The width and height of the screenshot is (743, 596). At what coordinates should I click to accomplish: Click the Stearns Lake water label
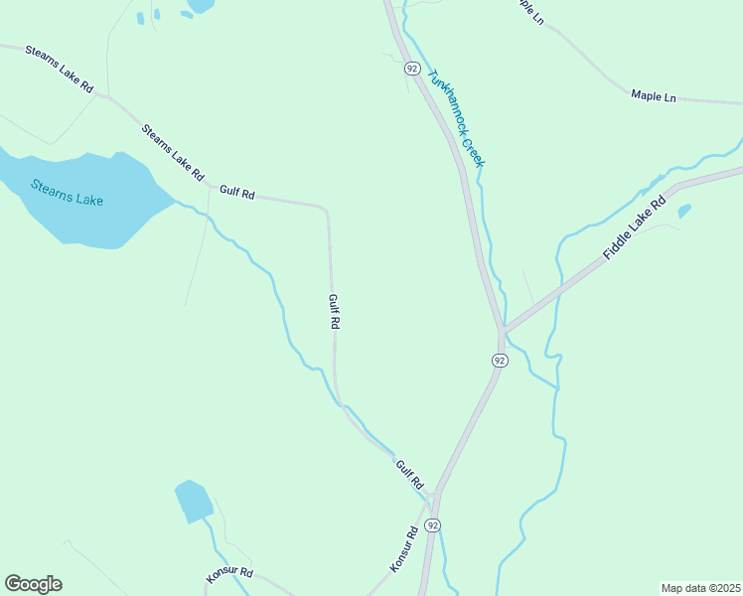(x=67, y=192)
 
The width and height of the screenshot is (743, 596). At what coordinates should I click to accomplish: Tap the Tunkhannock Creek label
(x=455, y=117)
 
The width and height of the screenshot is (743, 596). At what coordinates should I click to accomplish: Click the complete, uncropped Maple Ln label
(x=653, y=96)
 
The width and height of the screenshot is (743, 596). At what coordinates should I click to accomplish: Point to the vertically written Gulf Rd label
(x=335, y=311)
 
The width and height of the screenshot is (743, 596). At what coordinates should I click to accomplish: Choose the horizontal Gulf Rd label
(x=237, y=193)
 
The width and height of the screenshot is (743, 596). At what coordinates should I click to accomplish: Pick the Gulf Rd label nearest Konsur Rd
(x=409, y=474)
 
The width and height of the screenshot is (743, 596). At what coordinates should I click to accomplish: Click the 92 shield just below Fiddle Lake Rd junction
(x=499, y=361)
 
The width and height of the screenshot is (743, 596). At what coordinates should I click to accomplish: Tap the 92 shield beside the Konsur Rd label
(x=432, y=523)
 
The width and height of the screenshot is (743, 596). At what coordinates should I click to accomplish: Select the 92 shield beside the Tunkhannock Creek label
(x=411, y=69)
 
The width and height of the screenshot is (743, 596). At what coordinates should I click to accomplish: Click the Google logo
(x=33, y=584)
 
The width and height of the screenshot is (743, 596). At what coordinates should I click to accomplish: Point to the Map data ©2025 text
(x=700, y=588)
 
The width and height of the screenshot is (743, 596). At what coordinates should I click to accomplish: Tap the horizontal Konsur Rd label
(x=229, y=574)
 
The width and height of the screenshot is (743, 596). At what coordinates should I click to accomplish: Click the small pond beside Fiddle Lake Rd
(x=683, y=211)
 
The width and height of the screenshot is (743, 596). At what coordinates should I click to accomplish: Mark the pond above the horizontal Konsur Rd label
(x=193, y=500)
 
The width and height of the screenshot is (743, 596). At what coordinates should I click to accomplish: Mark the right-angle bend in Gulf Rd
(x=326, y=209)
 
